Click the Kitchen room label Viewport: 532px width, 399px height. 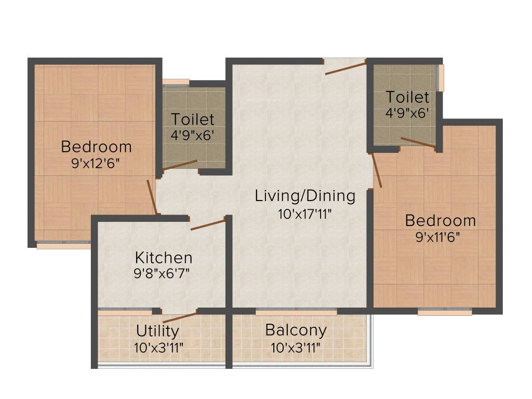[164, 257]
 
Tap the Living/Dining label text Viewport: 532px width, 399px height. [305, 196]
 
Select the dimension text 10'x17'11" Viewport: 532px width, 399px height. [305, 213]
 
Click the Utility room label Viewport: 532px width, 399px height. [157, 330]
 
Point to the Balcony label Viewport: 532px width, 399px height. [296, 330]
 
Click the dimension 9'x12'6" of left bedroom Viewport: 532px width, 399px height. [96, 163]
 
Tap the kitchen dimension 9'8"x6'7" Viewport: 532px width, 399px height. [164, 274]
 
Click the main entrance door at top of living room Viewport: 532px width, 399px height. [345, 66]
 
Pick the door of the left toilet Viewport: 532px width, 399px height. [180, 165]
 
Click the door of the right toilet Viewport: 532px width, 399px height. [418, 143]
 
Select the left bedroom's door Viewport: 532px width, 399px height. [151, 196]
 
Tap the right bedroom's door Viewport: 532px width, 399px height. [377, 170]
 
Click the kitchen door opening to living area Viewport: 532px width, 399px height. [208, 224]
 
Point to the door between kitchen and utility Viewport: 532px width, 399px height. [180, 317]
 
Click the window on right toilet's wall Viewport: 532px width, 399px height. [441, 78]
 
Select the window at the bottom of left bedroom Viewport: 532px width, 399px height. [63, 245]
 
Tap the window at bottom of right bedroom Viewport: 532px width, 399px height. [445, 312]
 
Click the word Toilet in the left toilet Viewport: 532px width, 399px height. [193, 119]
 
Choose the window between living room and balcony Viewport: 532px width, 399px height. [296, 312]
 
